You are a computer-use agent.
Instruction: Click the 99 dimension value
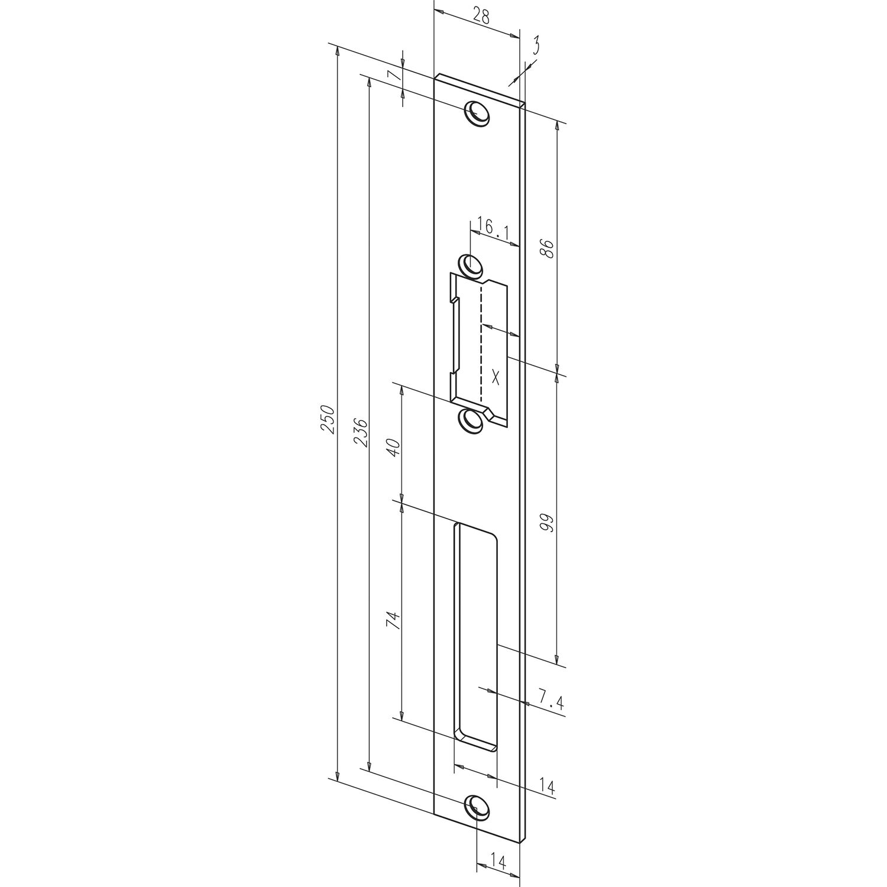(x=548, y=523)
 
